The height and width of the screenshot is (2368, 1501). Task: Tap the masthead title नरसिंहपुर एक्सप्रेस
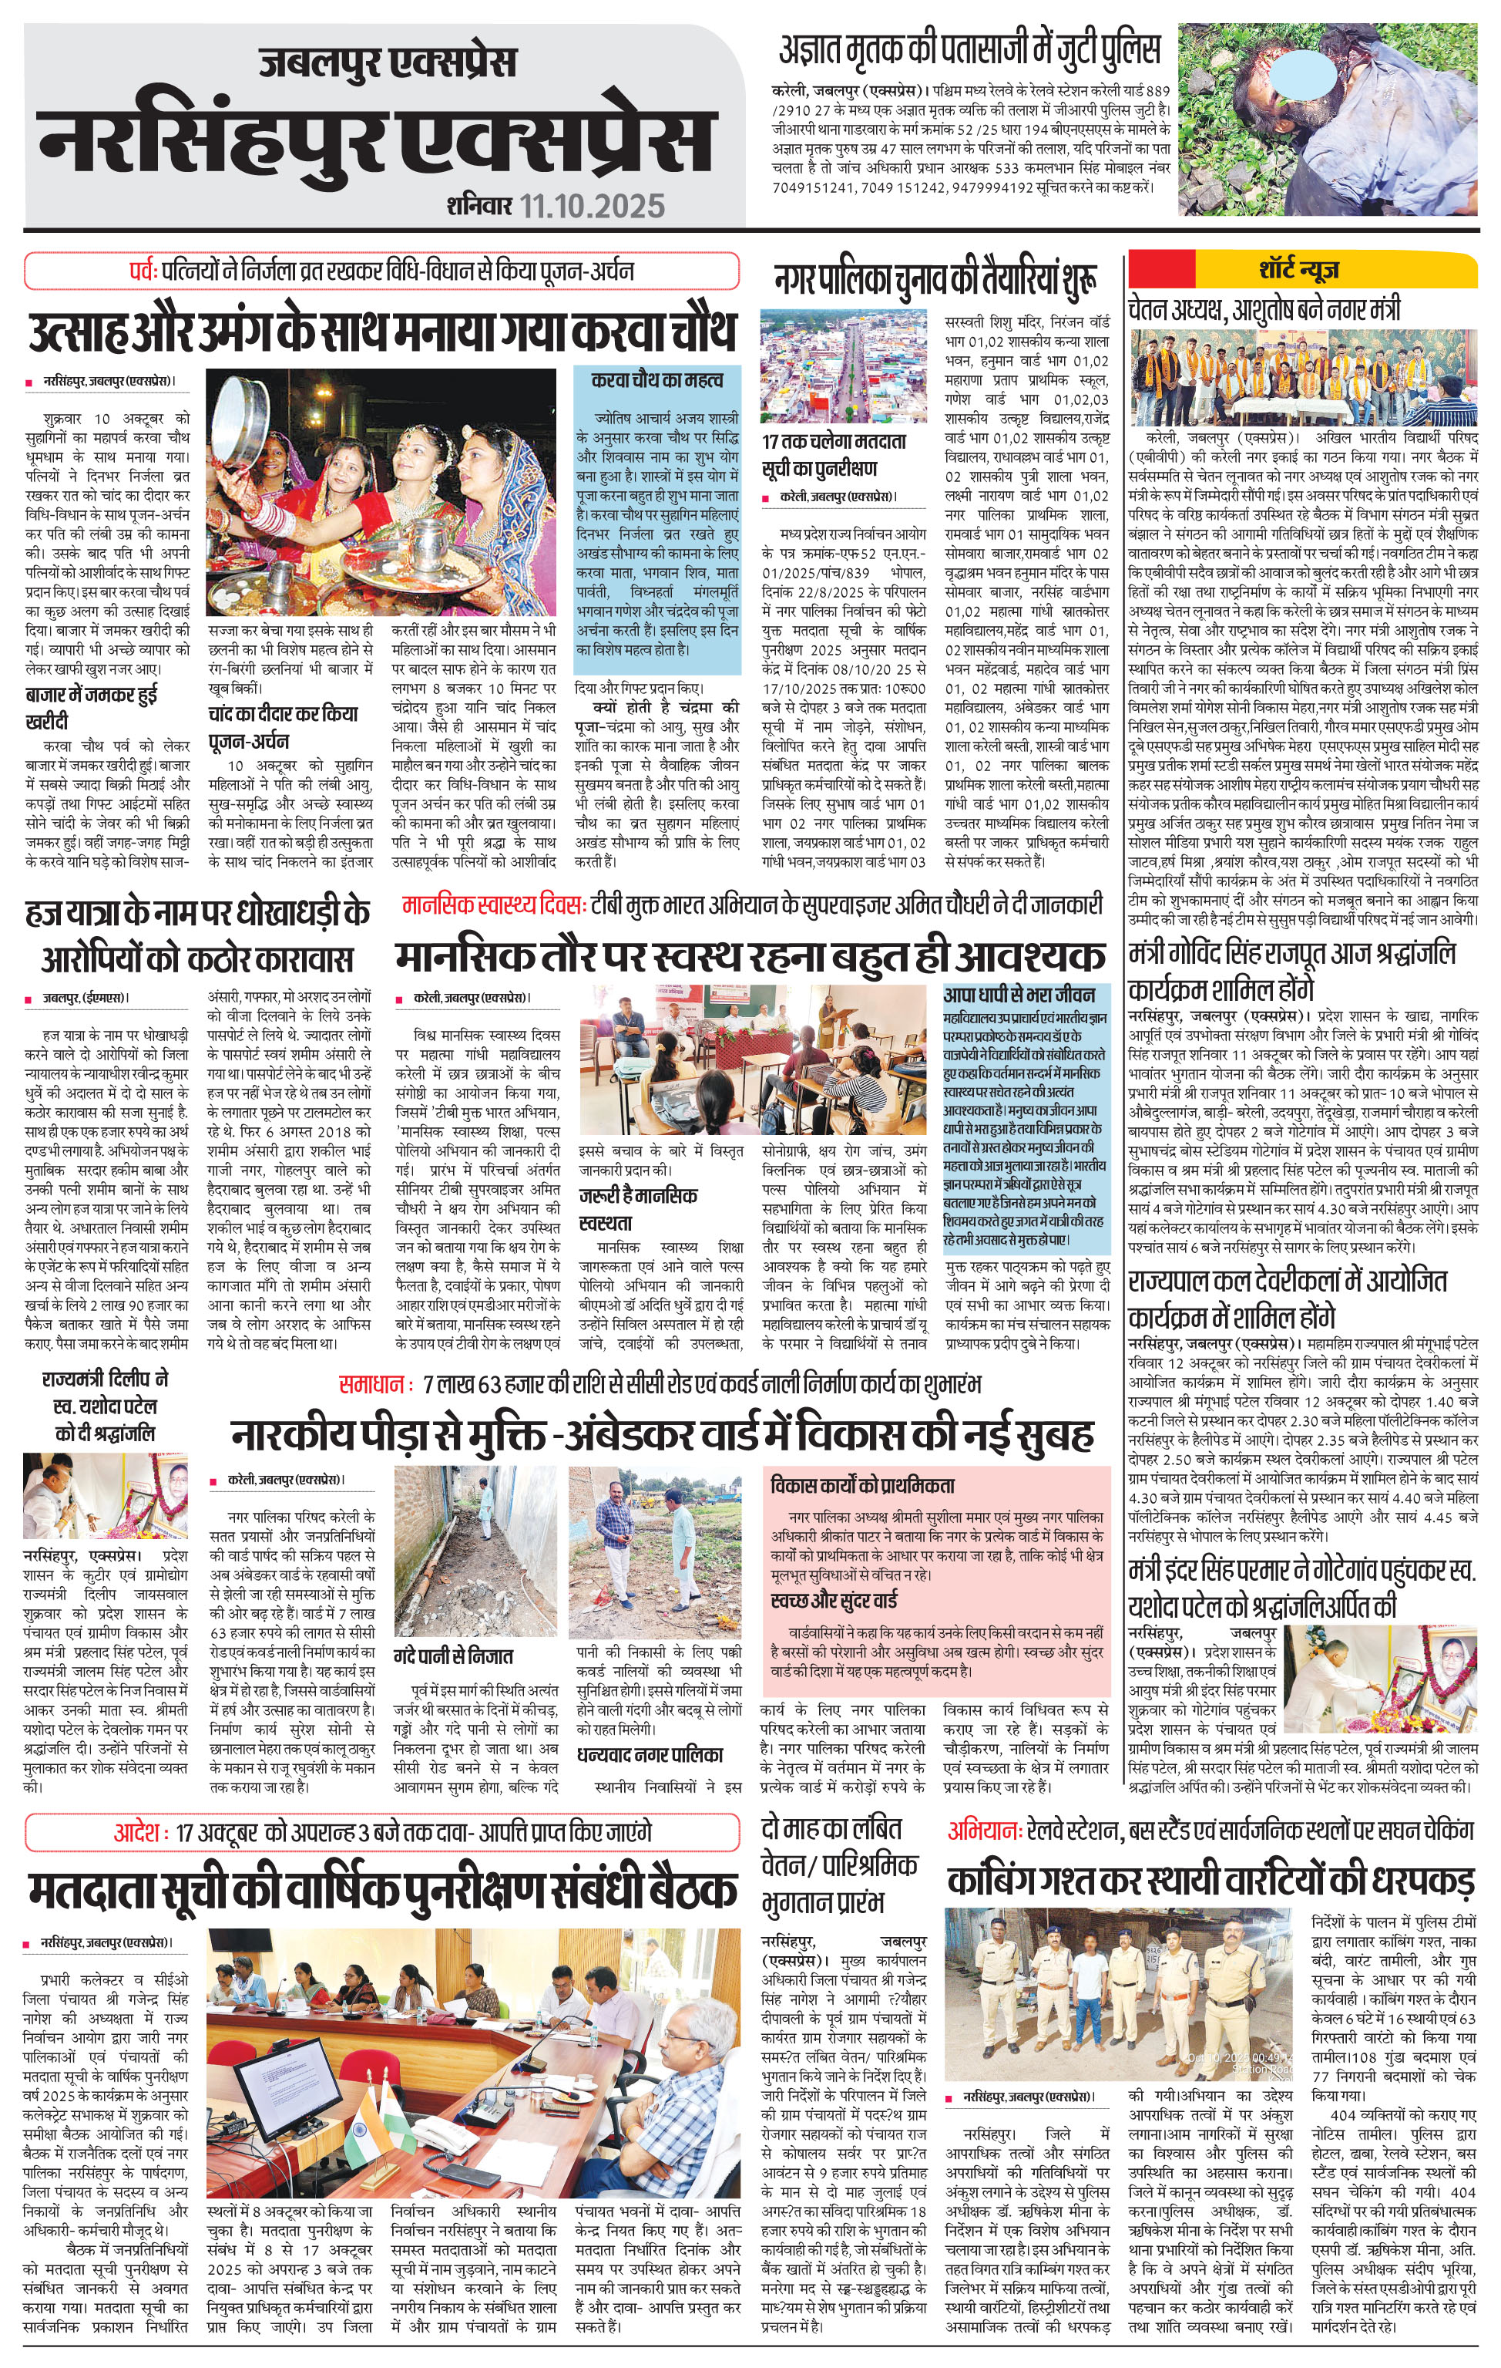click(x=378, y=138)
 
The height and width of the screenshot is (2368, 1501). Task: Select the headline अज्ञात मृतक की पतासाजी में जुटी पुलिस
click(x=969, y=49)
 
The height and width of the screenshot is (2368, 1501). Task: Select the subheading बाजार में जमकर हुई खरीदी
click(x=92, y=707)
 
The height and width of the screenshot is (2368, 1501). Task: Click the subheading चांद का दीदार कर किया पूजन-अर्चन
click(x=282, y=726)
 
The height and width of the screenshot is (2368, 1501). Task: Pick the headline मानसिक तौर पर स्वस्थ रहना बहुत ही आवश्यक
click(x=750, y=956)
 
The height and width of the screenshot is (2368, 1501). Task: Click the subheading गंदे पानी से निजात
click(x=453, y=1656)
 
